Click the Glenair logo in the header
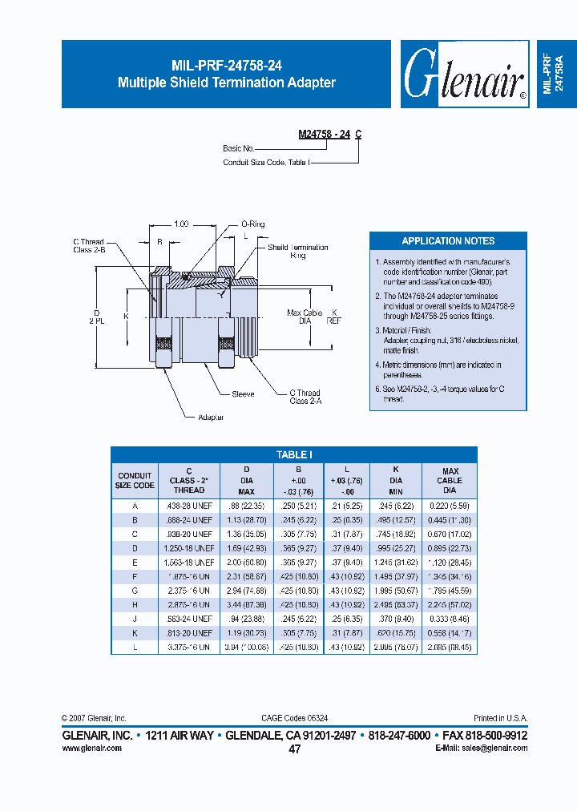coord(463,75)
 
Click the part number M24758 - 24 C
coord(329,135)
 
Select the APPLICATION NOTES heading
coord(448,241)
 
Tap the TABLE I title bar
coord(293,454)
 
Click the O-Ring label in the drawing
coord(253,225)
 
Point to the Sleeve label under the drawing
coord(243,394)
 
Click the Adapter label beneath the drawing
coord(212,418)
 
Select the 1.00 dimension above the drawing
coord(181,225)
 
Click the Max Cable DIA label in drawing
coord(305,317)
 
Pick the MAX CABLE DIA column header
coord(450,481)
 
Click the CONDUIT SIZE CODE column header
coord(135,481)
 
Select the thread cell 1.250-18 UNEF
coord(189,548)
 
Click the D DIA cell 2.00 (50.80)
coord(247,563)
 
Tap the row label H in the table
coord(135,605)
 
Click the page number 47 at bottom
coord(294,749)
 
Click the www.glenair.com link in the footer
coord(91,748)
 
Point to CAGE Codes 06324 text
coord(294,719)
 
